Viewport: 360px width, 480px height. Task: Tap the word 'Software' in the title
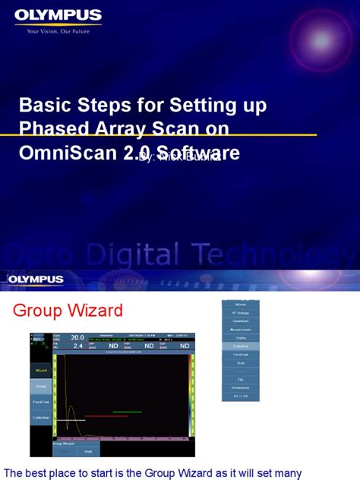(x=199, y=153)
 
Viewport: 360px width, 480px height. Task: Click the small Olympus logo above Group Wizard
(x=36, y=279)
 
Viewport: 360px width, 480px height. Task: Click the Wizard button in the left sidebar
(x=41, y=370)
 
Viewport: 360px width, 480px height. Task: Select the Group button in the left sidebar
(x=41, y=385)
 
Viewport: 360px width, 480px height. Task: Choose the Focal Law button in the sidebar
(x=41, y=401)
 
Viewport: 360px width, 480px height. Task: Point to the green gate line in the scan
(x=127, y=412)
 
